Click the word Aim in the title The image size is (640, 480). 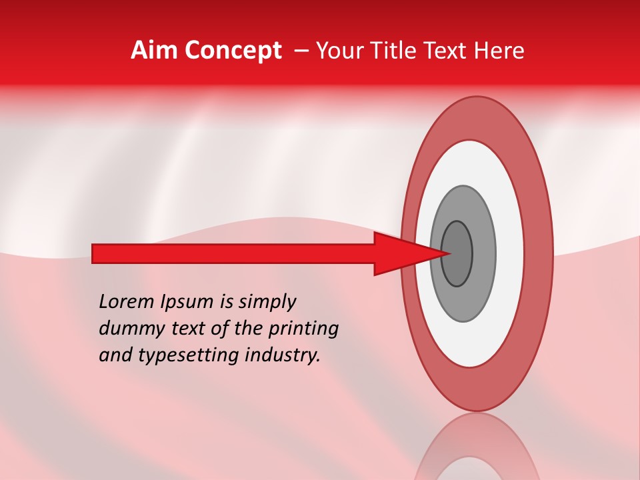154,51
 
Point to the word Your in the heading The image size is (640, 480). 338,51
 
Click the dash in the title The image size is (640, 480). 301,51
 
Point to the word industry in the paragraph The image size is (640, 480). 281,355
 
